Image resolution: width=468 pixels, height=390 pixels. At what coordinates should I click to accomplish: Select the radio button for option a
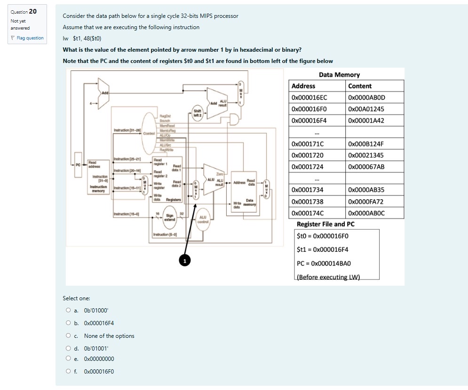pos(69,310)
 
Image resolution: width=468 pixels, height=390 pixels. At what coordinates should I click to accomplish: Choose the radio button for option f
pos(69,371)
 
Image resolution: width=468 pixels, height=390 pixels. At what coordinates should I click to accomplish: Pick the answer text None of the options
pos(109,336)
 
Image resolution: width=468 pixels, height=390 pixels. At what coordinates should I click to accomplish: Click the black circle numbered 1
pos(185,260)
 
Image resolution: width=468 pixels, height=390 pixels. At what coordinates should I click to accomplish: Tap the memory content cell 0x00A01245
pos(366,109)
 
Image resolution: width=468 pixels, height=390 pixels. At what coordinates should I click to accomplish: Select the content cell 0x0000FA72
pos(366,202)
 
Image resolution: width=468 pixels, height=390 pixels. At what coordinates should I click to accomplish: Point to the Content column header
pos(360,86)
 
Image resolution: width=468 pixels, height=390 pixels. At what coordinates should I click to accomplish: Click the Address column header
pos(303,86)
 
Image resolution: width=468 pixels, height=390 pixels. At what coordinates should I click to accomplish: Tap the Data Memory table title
pos(339,75)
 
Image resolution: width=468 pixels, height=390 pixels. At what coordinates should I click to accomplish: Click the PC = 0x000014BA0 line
pos(324,264)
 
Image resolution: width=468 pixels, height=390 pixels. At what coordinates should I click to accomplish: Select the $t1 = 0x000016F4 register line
pos(323,250)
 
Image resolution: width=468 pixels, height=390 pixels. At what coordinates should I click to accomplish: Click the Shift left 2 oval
pos(197,113)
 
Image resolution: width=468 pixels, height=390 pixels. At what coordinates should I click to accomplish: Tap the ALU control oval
pos(203,220)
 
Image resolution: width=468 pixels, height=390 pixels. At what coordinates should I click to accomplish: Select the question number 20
pos(33,11)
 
